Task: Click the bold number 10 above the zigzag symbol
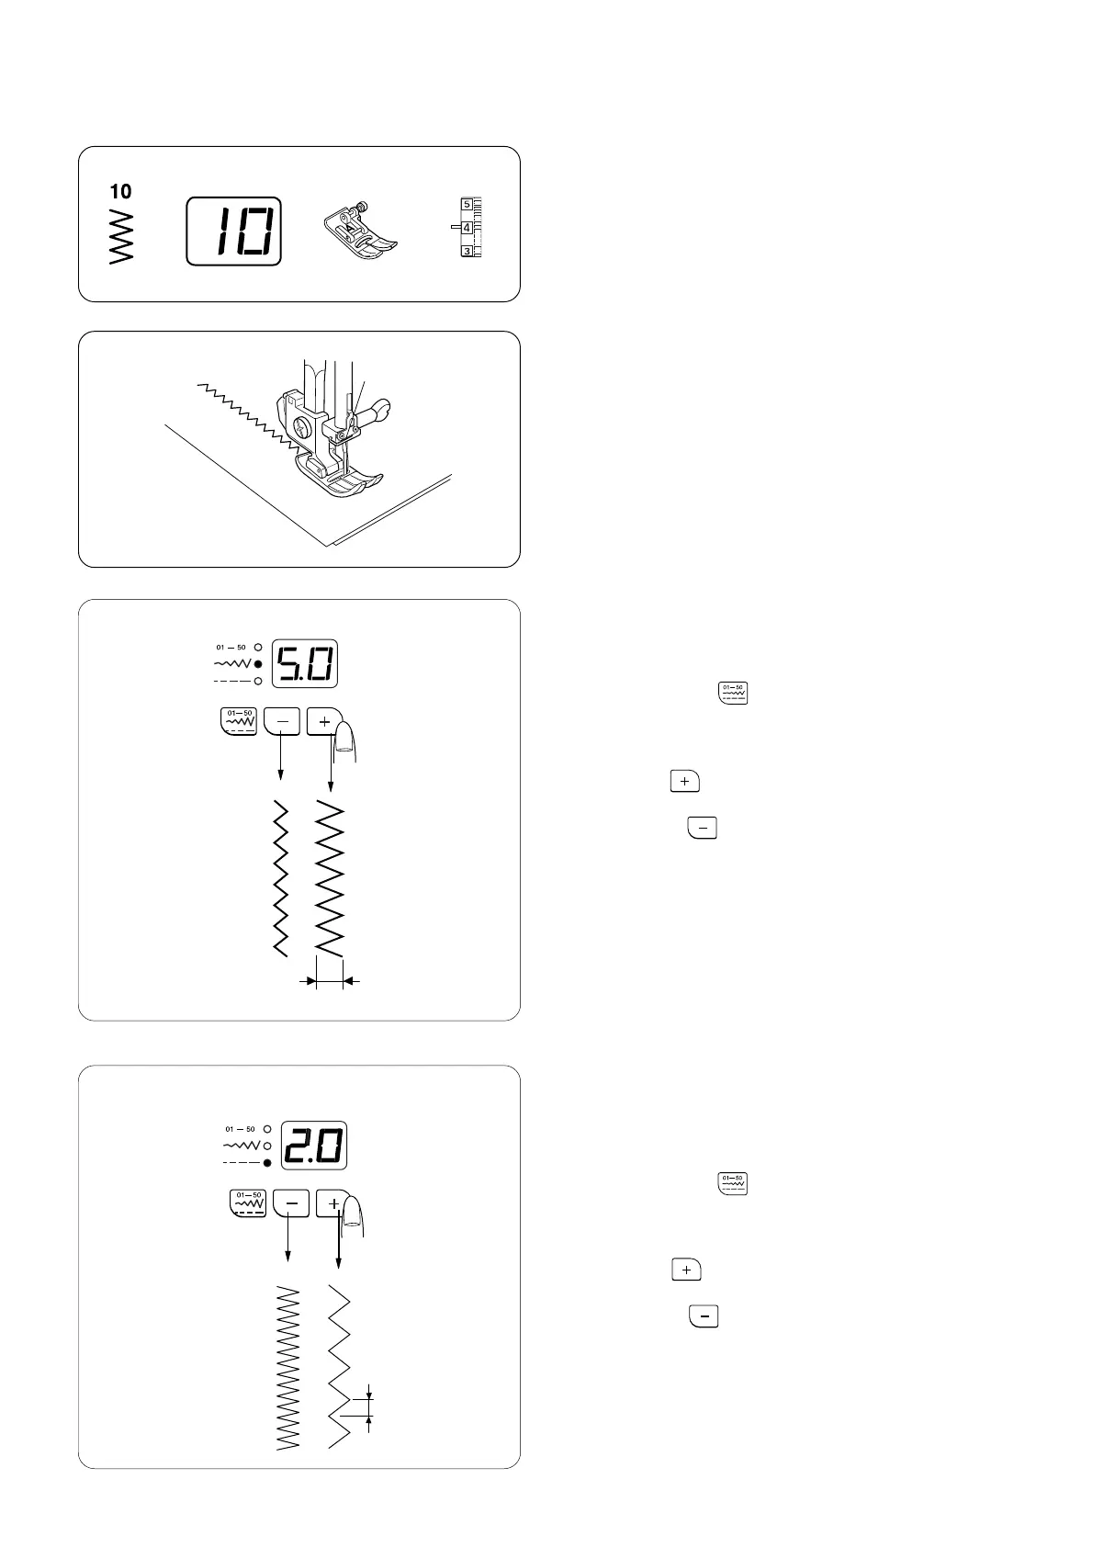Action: coord(120,191)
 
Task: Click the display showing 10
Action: coord(233,231)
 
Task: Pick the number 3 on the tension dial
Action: coord(467,251)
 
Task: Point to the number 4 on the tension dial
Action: coord(467,227)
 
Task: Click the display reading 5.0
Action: coord(305,661)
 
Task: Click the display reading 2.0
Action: coord(314,1146)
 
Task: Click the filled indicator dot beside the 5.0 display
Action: coord(258,663)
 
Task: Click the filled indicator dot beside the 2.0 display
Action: coord(267,1163)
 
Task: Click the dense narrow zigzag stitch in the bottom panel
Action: coord(288,1363)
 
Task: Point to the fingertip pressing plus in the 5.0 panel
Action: coord(345,739)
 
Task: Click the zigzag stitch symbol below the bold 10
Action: coord(120,236)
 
